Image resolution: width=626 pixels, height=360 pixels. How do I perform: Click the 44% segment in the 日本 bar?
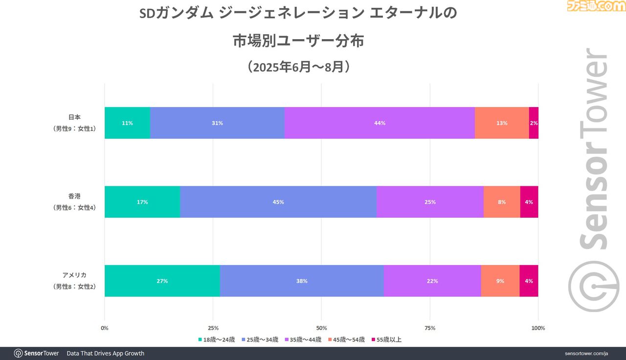[380, 123]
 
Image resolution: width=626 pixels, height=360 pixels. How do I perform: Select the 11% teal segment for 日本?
[127, 123]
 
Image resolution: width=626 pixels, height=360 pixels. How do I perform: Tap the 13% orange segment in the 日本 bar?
[502, 123]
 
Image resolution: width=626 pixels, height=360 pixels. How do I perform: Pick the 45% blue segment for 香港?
[278, 202]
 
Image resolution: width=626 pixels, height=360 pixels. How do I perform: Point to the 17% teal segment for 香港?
[142, 202]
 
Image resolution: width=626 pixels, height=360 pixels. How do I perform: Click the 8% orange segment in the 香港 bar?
[502, 202]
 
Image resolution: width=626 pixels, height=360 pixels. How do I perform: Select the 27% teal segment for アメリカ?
[162, 281]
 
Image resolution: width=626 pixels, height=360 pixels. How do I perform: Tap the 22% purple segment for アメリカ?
[432, 281]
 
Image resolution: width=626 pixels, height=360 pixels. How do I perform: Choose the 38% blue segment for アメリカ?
[302, 281]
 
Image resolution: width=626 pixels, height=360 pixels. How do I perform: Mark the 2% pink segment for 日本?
[534, 123]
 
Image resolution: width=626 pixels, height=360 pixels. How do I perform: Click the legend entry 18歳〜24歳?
[216, 339]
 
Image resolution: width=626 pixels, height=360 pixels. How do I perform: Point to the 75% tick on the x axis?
[430, 328]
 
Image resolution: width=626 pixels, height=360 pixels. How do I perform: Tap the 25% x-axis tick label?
[213, 328]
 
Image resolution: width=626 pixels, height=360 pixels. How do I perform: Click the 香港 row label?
[74, 202]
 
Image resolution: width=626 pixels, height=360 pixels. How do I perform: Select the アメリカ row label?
[74, 281]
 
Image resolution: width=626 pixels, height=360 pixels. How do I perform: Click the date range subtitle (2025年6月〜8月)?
[298, 67]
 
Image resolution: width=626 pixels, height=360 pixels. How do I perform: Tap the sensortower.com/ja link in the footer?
[586, 353]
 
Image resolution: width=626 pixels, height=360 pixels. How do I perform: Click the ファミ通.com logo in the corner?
[596, 6]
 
